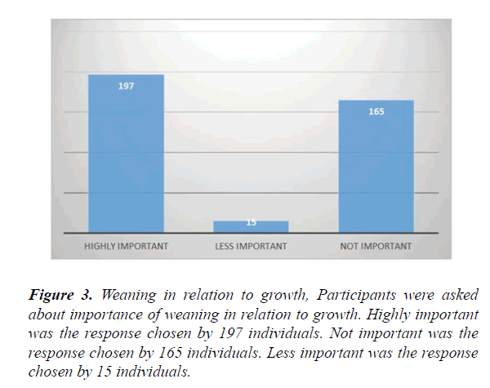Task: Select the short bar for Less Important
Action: coord(251,226)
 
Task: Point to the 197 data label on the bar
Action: coord(126,86)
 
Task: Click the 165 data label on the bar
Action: coord(376,111)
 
